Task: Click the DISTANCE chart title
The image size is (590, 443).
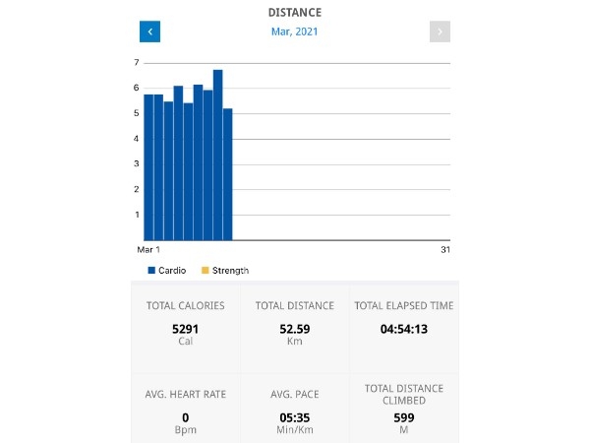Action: [x=295, y=13]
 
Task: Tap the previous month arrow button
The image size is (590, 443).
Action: [x=149, y=32]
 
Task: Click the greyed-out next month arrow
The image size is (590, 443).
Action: [x=440, y=32]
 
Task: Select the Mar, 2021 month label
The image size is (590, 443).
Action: [x=295, y=32]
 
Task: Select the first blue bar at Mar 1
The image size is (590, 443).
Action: [x=148, y=167]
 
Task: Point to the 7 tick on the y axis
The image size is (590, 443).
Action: [x=136, y=63]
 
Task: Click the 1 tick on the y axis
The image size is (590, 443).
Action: [x=136, y=215]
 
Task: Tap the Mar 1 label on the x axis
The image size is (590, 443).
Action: [x=147, y=250]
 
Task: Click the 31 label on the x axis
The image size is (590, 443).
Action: [x=444, y=250]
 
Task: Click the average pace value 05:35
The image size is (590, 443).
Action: [x=295, y=417]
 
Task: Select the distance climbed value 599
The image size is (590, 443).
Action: [x=404, y=417]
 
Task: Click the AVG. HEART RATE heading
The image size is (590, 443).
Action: [x=185, y=394]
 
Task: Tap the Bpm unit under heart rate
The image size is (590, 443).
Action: [x=185, y=431]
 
